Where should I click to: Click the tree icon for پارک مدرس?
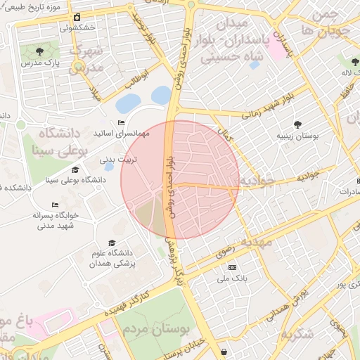[x=39, y=51]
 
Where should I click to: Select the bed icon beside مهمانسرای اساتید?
[x=121, y=123]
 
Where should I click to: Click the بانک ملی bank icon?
[x=233, y=267]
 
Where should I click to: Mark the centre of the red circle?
[x=180, y=179]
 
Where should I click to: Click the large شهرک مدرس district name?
[x=87, y=60]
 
